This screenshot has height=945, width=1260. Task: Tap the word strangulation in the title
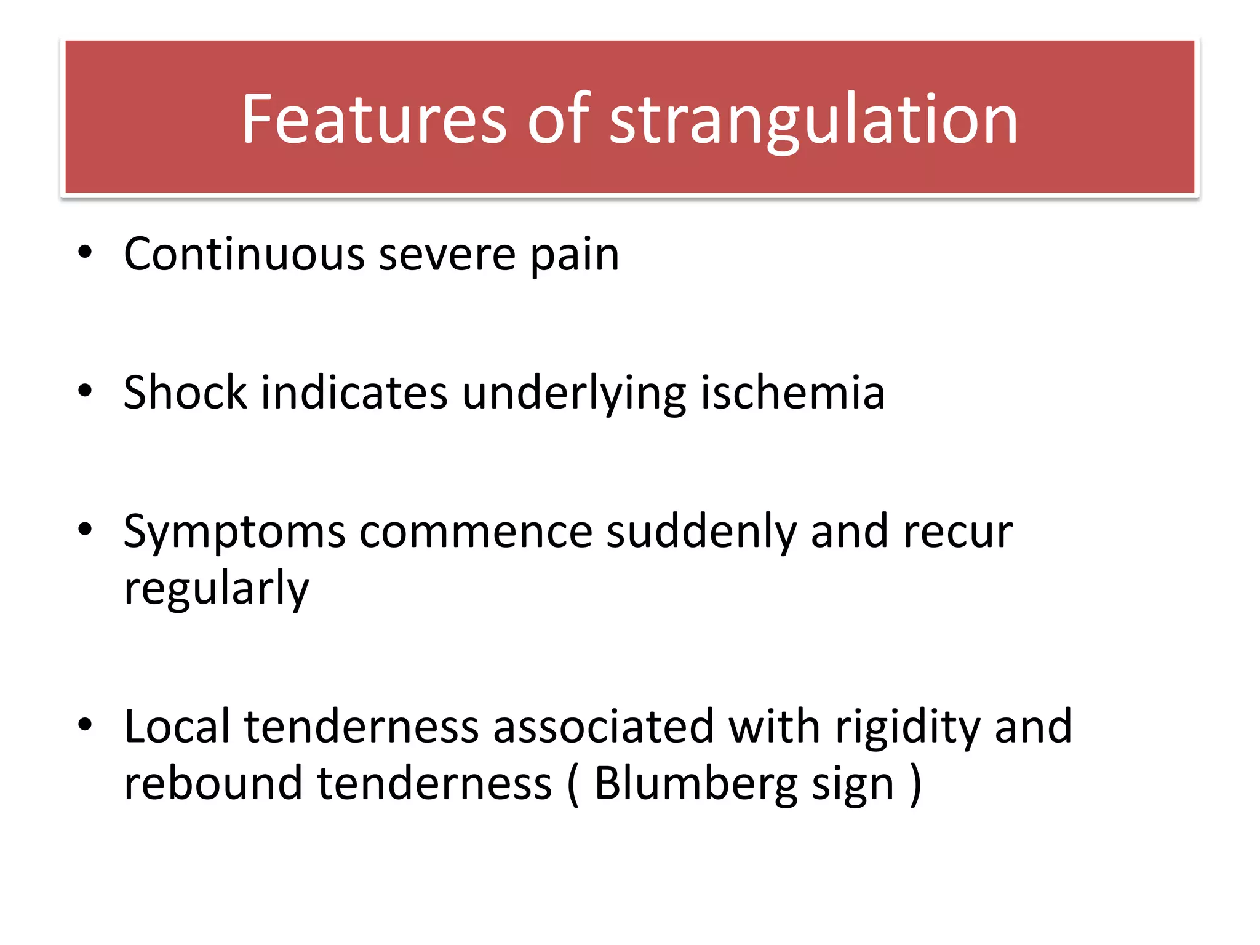[x=813, y=120]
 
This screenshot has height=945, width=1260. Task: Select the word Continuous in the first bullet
[x=244, y=254]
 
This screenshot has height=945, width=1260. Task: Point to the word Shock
[x=185, y=393]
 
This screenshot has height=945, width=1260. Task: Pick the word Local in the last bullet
[x=177, y=727]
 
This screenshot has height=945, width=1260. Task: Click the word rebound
[x=213, y=783]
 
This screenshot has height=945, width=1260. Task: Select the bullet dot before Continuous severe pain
[x=85, y=252]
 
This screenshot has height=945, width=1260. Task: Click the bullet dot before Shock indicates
[x=85, y=390]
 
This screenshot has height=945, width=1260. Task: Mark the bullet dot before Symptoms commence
[x=85, y=529]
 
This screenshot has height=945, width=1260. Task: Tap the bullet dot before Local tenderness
[x=85, y=724]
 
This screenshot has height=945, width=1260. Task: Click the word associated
[x=603, y=727]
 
